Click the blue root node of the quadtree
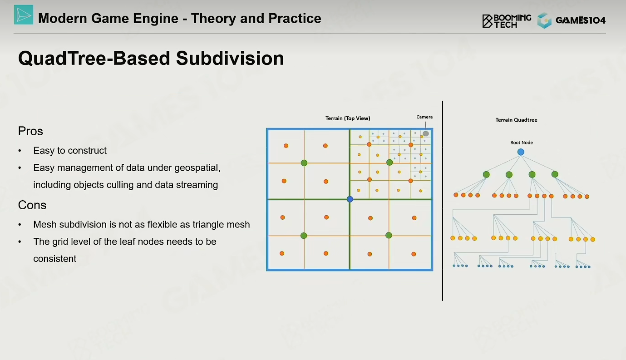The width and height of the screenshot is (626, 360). point(521,152)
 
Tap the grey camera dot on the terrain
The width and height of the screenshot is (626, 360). point(426,133)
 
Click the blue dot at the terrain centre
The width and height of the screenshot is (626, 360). point(350,199)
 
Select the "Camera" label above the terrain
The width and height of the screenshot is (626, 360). point(424,117)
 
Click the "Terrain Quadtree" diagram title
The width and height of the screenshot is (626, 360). point(516,120)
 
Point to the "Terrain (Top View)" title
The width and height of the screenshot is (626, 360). point(348,118)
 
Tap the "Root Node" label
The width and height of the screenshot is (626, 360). point(522,143)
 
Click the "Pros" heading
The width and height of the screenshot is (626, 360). point(30,131)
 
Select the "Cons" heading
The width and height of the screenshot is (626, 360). point(32,205)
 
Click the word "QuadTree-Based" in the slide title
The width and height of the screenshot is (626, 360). point(94,58)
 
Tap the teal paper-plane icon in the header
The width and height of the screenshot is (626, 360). point(24,15)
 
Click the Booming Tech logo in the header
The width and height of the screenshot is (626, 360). point(507,21)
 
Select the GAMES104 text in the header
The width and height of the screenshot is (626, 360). point(581,20)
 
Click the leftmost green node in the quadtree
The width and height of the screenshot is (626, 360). point(486,174)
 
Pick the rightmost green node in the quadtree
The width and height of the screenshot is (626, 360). point(555,174)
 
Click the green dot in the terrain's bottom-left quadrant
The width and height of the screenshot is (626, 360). point(304,236)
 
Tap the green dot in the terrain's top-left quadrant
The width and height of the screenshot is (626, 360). point(304,163)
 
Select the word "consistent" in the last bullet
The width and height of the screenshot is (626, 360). point(55,259)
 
